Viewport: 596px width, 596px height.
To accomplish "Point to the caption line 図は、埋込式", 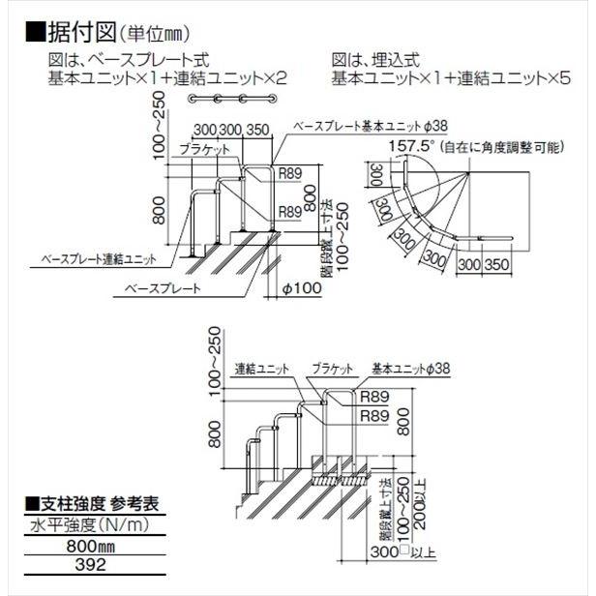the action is (x=376, y=59).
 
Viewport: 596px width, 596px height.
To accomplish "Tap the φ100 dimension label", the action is (x=300, y=287).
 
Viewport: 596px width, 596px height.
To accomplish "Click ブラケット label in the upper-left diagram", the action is (x=203, y=149).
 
